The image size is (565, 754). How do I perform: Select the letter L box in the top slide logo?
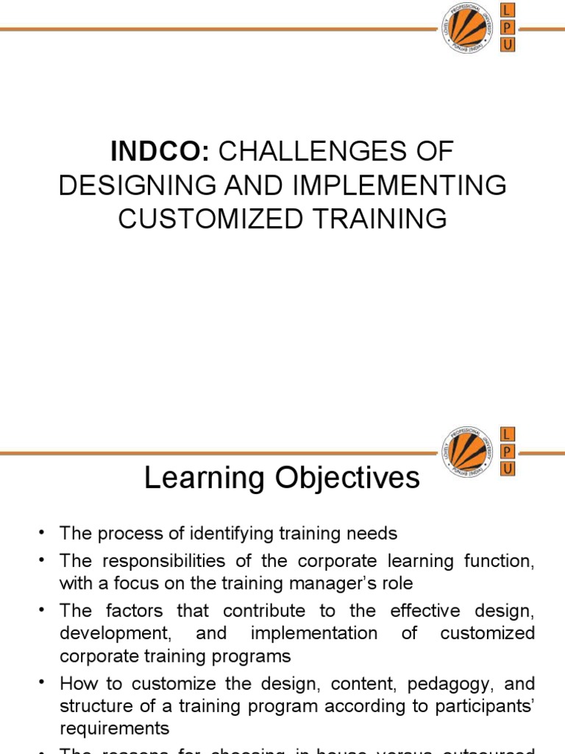tap(508, 10)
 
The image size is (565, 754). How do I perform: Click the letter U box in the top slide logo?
tap(508, 46)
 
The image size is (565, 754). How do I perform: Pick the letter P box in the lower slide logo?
tap(508, 451)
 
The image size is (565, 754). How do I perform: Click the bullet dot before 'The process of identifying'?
tap(42, 532)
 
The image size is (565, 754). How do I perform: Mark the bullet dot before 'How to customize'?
tap(42, 683)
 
